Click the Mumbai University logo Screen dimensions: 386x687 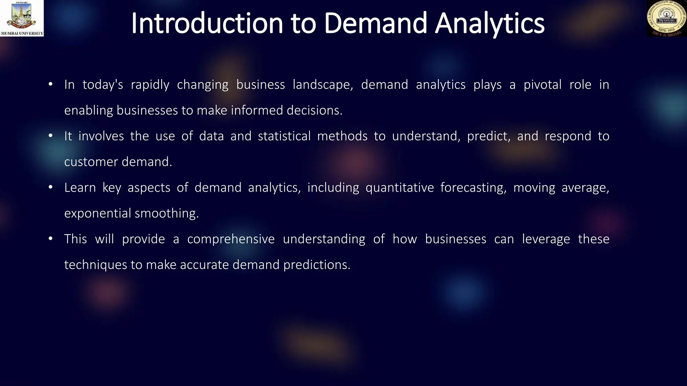[x=22, y=18]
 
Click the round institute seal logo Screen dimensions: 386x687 [x=667, y=18]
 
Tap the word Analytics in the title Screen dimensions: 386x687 [x=489, y=23]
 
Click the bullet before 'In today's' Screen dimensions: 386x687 [x=50, y=84]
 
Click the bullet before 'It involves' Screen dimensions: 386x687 [x=50, y=136]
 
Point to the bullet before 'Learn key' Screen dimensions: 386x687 [x=50, y=187]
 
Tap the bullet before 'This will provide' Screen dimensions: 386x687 [x=50, y=239]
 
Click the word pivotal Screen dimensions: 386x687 [x=542, y=85]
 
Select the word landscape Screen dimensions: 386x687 [x=323, y=85]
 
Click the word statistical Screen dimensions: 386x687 [x=284, y=136]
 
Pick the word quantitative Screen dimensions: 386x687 [x=400, y=188]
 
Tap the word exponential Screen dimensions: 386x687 [x=97, y=213]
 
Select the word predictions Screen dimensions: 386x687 [x=317, y=265]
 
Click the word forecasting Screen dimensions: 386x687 [x=473, y=188]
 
